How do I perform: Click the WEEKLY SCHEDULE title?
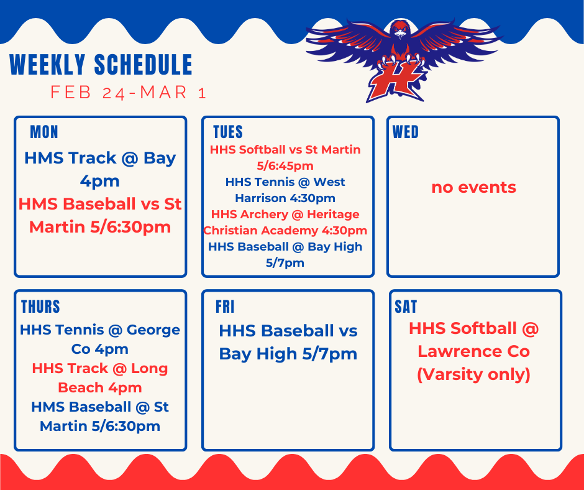click(101, 65)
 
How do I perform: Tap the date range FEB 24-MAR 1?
click(128, 93)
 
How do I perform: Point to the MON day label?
click(43, 132)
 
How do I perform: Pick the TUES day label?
click(227, 132)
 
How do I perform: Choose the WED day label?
click(406, 132)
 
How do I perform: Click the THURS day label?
click(40, 307)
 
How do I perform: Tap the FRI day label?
click(225, 307)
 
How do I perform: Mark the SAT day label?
click(406, 307)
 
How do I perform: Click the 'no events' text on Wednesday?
click(473, 187)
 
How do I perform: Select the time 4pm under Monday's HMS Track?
click(99, 181)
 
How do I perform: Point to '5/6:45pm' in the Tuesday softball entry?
click(285, 166)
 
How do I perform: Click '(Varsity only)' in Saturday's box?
click(473, 375)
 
